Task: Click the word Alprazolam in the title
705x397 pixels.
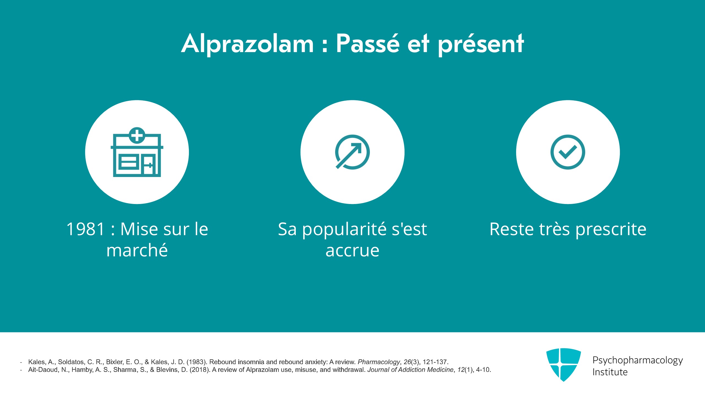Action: [x=248, y=44]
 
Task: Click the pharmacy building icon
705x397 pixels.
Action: [x=137, y=152]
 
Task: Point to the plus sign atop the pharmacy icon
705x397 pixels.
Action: [x=137, y=135]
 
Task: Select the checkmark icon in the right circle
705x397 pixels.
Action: [x=568, y=152]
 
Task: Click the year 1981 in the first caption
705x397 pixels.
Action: [x=86, y=229]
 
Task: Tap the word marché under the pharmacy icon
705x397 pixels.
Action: [x=137, y=250]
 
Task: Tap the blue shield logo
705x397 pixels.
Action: [x=563, y=365]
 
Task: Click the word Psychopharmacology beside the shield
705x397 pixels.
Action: [x=638, y=361]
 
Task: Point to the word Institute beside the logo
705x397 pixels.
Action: [x=610, y=372]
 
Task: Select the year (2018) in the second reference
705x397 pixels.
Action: [x=200, y=370]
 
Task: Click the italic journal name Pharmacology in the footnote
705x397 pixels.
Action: [x=379, y=362]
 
